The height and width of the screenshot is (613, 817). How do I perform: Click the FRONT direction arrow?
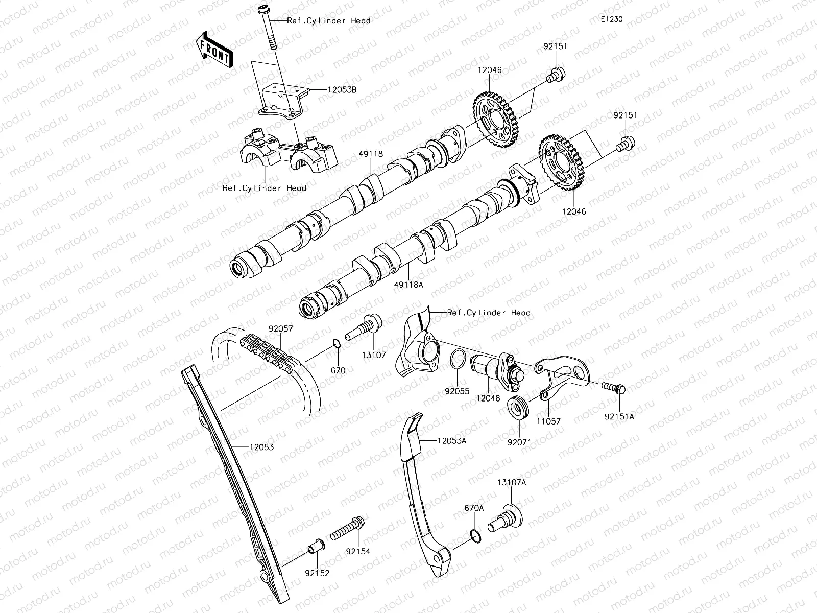tap(214, 50)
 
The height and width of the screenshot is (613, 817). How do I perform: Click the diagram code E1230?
tap(611, 19)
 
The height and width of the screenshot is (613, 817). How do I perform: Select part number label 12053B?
tap(342, 90)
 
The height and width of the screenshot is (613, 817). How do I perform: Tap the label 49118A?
tap(408, 285)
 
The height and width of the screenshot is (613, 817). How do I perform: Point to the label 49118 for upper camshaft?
tap(371, 153)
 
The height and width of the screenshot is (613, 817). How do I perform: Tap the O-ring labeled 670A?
tap(474, 535)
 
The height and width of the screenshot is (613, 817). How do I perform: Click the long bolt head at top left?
tap(265, 10)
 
